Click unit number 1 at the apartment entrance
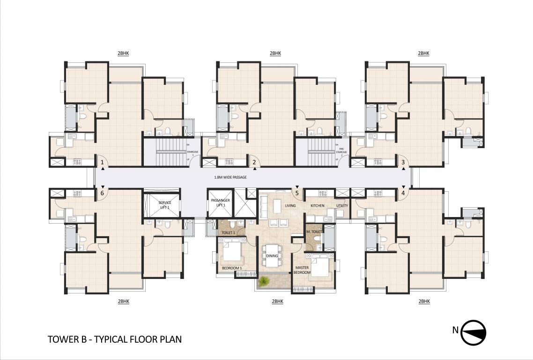(102, 163)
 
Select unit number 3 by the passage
(403, 163)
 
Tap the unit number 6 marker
(102, 193)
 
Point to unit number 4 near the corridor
(403, 193)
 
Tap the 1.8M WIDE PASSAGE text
(229, 178)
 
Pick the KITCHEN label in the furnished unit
(318, 206)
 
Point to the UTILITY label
(341, 206)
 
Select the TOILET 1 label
(228, 232)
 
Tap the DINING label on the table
(272, 255)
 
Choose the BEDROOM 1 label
(232, 268)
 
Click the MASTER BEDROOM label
(302, 270)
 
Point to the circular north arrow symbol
(474, 330)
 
